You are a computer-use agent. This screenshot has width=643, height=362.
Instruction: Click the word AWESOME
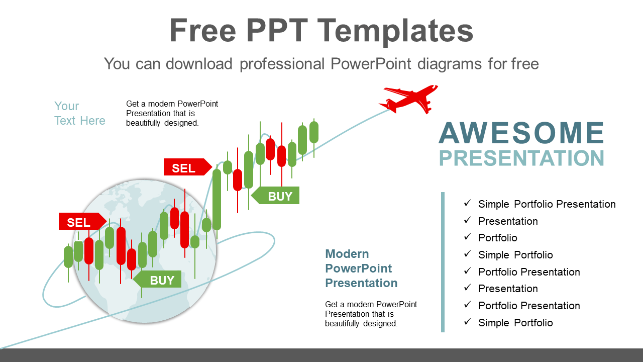coord(521,133)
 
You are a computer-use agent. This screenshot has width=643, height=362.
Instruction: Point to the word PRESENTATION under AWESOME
coord(521,158)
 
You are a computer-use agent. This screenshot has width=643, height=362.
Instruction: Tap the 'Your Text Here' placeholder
coord(79,113)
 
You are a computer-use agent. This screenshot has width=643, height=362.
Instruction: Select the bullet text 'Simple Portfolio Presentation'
coord(547,204)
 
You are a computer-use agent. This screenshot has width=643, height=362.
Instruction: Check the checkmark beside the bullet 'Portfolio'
coord(468,237)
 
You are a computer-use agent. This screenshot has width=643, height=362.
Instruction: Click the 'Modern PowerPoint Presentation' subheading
coord(361,268)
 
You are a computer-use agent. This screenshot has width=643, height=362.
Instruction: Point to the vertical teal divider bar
coord(443,261)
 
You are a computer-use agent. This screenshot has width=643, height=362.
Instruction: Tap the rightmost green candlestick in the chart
coord(314,132)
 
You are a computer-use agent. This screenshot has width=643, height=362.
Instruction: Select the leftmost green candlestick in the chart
coord(68,256)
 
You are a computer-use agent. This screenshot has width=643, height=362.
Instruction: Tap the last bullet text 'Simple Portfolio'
coord(515,323)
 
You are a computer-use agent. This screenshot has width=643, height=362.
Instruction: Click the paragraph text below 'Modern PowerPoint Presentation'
coord(371,314)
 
